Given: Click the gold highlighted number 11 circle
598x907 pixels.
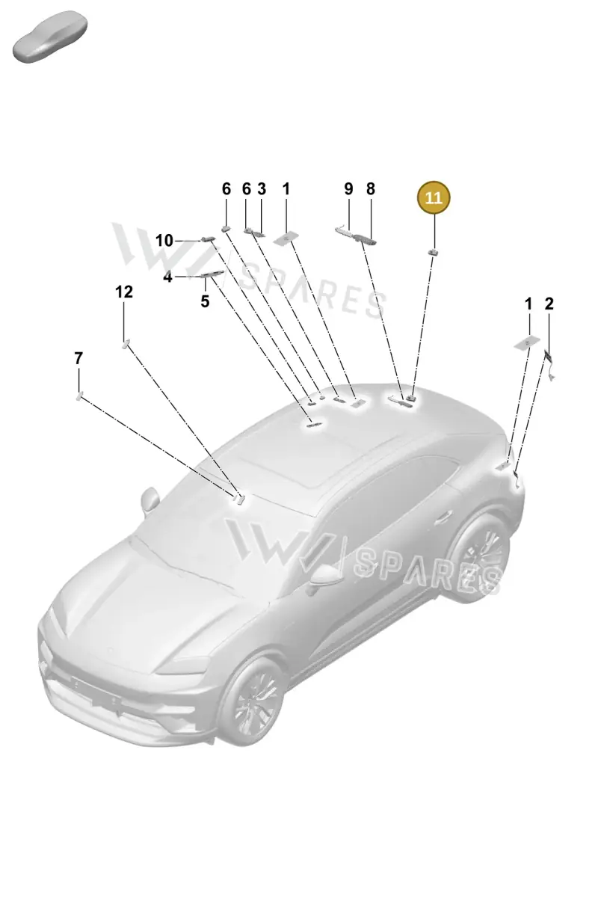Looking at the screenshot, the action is [434, 197].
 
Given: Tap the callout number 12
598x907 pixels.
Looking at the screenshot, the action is [124, 292].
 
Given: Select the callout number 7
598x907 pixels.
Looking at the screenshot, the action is [78, 358].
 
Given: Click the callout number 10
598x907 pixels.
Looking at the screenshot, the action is [164, 241].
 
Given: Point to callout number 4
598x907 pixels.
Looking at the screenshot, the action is [167, 277].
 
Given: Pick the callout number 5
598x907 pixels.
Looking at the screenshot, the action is [205, 301].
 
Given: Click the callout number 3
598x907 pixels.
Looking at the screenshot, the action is [262, 188].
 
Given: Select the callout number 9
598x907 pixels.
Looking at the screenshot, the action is [348, 188].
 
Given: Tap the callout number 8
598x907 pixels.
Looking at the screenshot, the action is [371, 188].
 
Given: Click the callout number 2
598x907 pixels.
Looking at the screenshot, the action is [549, 304].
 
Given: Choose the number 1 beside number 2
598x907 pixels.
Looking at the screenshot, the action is [528, 304].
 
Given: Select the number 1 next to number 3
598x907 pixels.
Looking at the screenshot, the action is [286, 188].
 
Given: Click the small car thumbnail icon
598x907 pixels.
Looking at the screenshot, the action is [50, 37].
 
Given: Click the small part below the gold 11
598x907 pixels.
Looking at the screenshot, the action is [433, 253].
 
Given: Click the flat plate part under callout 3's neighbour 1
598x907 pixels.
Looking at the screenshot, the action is [286, 239].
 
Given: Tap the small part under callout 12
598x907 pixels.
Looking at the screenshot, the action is [126, 343].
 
